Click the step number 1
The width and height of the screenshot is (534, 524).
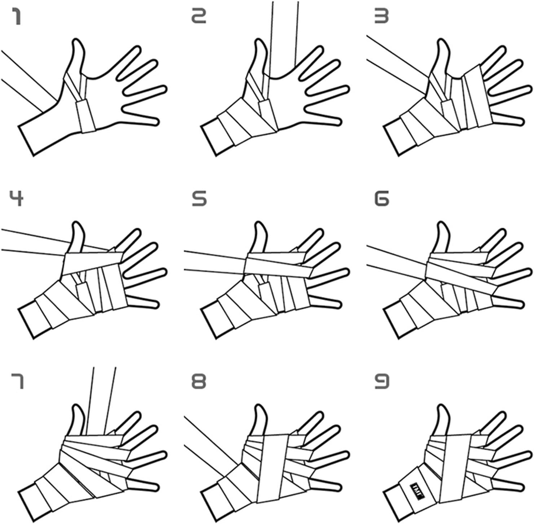click(x=17, y=17)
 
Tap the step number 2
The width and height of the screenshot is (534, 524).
click(x=198, y=17)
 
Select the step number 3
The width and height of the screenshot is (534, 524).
click(x=381, y=17)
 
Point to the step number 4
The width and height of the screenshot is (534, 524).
click(x=17, y=198)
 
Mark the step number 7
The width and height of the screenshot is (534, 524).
click(x=17, y=381)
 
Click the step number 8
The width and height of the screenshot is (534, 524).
click(x=199, y=381)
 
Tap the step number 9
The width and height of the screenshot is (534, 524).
click(x=382, y=381)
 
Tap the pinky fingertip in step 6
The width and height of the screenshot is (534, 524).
click(x=521, y=304)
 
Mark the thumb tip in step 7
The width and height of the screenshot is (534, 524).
click(x=77, y=407)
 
